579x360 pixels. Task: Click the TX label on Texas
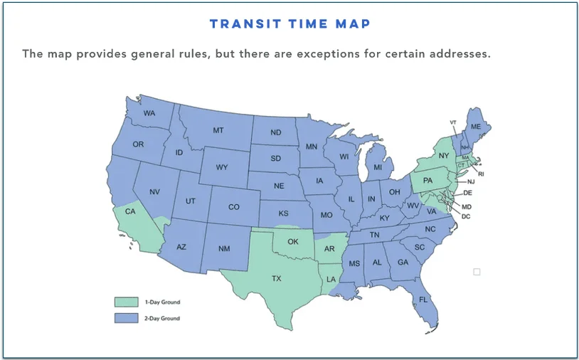277,279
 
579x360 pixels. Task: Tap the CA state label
130,211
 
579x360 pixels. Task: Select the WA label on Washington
149,114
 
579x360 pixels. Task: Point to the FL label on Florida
423,300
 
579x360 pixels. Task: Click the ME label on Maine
476,126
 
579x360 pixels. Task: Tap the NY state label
444,155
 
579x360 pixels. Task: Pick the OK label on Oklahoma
292,241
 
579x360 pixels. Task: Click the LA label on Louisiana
331,280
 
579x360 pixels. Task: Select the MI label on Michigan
378,167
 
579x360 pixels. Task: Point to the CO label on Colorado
234,207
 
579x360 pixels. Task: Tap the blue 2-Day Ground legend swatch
126,318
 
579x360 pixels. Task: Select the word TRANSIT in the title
240,24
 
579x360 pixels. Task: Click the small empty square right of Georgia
477,271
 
